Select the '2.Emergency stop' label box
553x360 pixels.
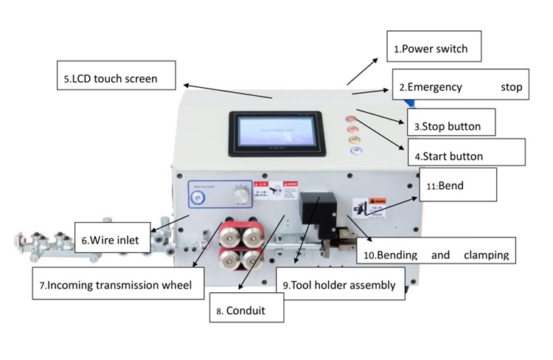point(459,87)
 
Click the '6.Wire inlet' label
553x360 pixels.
point(116,239)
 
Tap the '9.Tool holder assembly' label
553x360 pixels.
point(339,284)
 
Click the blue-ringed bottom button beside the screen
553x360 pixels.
point(356,150)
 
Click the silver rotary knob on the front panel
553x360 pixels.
point(239,193)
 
